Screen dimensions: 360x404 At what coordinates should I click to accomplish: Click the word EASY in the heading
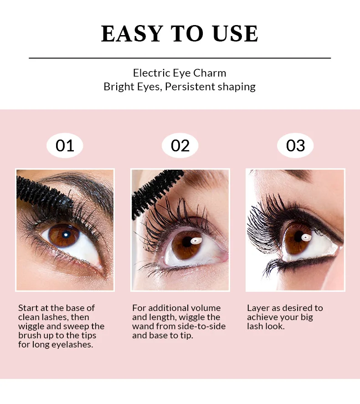132,33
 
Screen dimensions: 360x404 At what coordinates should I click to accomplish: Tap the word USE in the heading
235,33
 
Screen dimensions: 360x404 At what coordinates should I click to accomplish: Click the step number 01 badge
65,145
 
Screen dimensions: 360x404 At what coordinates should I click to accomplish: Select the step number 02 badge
180,145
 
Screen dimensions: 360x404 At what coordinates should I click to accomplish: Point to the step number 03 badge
295,145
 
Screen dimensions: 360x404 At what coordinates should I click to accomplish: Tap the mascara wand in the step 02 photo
156,191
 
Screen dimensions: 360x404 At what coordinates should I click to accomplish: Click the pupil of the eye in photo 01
66,234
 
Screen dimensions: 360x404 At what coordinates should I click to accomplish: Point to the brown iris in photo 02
187,245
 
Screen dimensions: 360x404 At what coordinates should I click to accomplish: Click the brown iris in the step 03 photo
297,239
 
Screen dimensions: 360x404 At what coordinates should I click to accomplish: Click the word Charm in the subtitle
210,73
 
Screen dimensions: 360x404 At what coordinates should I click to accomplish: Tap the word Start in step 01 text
27,308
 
